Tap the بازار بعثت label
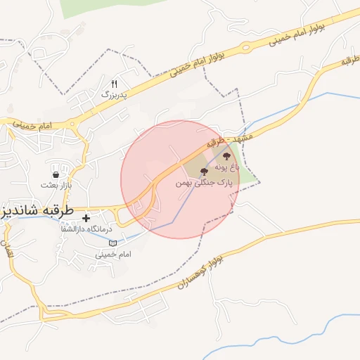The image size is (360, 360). [56, 184]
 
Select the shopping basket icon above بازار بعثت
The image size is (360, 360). [56, 173]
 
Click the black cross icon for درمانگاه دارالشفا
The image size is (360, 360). [86, 219]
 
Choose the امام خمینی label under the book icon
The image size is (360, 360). [112, 254]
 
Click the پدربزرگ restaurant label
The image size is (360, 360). [115, 93]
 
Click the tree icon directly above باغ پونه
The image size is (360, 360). [226, 157]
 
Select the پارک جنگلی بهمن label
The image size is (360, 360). [204, 182]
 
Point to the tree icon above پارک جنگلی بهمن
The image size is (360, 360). [204, 172]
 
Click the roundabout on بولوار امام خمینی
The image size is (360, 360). [245, 49]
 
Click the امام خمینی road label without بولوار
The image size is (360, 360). [32, 124]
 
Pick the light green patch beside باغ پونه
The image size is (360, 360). [247, 171]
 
